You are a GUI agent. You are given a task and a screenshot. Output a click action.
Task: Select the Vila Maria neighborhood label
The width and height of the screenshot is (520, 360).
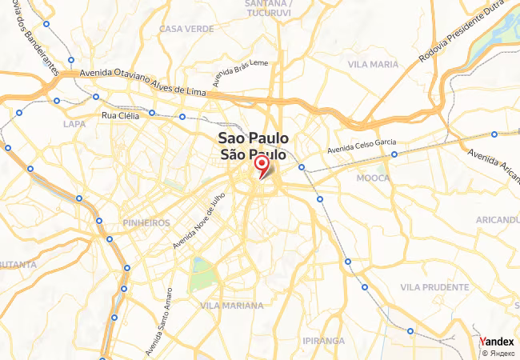click(x=373, y=63)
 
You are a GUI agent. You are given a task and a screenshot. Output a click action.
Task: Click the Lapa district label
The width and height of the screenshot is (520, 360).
click(x=74, y=124)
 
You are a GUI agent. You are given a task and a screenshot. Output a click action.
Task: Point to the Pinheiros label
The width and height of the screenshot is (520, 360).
click(x=146, y=222)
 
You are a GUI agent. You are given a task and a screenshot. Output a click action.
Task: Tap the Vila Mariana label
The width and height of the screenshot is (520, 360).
click(x=231, y=306)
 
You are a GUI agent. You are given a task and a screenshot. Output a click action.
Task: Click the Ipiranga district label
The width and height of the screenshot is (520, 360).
click(x=323, y=341)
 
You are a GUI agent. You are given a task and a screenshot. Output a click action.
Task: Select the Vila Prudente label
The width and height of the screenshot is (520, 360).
click(x=434, y=286)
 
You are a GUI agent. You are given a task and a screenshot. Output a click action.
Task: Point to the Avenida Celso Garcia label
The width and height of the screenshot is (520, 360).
click(x=362, y=146)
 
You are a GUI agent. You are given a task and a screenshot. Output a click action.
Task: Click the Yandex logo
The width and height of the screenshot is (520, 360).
click(x=497, y=342)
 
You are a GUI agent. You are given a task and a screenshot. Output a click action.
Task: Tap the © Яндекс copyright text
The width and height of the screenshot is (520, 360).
click(x=498, y=352)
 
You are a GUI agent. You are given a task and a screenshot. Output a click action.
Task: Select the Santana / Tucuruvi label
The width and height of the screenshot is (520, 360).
click(x=267, y=8)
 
